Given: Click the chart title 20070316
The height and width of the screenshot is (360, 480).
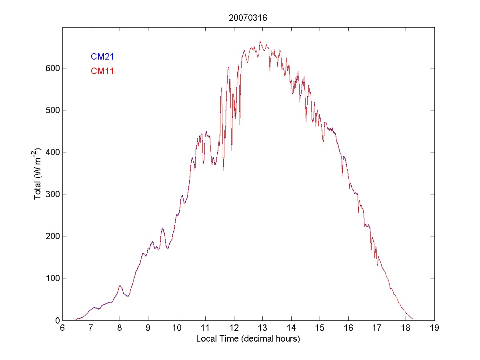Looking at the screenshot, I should pyautogui.click(x=248, y=18).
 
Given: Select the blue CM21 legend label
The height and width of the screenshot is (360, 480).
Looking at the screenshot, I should pyautogui.click(x=102, y=56).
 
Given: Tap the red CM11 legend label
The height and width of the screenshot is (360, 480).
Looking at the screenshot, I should pyautogui.click(x=102, y=71).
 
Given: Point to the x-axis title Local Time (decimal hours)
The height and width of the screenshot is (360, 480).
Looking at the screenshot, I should pyautogui.click(x=248, y=339).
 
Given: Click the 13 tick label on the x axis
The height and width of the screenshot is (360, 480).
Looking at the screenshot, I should pyautogui.click(x=262, y=328).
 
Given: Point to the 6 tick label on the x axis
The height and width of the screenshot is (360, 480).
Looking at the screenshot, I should pyautogui.click(x=62, y=328).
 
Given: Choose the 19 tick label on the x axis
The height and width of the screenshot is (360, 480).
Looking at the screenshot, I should pyautogui.click(x=434, y=328).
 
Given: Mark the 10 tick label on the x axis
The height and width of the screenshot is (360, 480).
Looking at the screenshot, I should pyautogui.click(x=177, y=328).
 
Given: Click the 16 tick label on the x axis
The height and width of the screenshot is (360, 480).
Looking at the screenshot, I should pyautogui.click(x=348, y=328).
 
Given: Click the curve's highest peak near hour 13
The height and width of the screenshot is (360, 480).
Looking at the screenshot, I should pyautogui.click(x=260, y=41).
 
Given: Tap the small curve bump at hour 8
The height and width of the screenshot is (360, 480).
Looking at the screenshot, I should pyautogui.click(x=120, y=286).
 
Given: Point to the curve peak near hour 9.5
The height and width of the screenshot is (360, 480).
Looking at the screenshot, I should pyautogui.click(x=162, y=228).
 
